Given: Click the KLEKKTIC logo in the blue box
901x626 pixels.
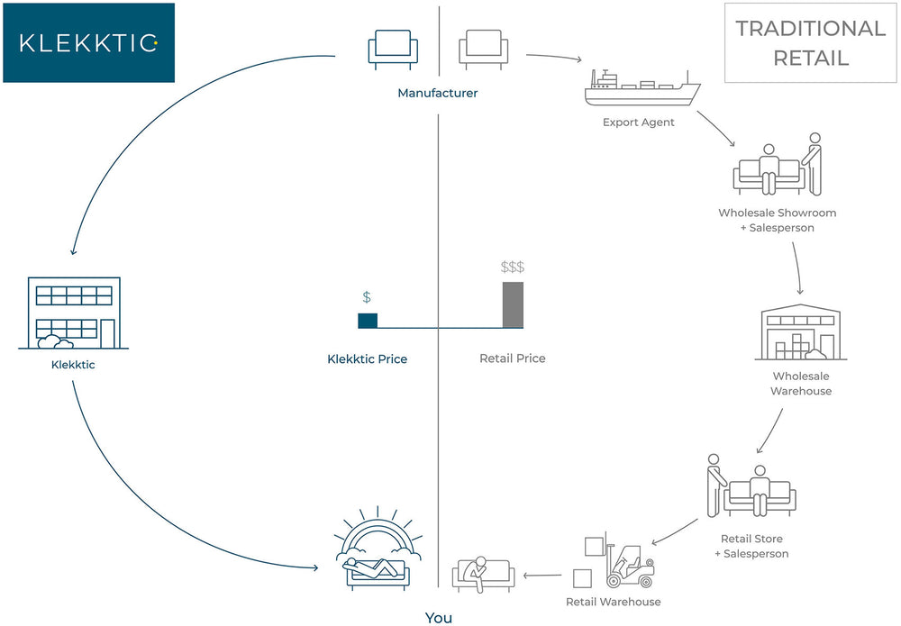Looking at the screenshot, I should [88, 42].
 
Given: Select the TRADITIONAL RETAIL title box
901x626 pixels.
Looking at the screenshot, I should [810, 42].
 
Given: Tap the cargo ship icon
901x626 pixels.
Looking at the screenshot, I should [642, 88].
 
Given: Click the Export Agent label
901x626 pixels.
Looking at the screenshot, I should [639, 122].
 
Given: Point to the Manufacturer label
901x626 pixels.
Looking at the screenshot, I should [438, 93].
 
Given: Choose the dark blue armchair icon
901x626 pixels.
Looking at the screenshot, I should [393, 49].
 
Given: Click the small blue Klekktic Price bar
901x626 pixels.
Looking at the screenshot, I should [368, 320].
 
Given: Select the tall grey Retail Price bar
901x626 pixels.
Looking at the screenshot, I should [513, 304].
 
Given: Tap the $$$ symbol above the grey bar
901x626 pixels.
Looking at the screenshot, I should [513, 268].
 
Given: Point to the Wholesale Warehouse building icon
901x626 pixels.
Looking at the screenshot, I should [801, 331].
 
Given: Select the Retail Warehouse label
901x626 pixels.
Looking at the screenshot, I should [613, 602].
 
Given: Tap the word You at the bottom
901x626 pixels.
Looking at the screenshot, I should [438, 618].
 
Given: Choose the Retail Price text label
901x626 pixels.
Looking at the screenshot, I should [513, 358].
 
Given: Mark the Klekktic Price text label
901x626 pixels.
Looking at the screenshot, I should [368, 359].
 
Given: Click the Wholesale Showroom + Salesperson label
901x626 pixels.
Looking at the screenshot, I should [778, 221].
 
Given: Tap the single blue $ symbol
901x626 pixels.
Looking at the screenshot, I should [367, 297].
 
